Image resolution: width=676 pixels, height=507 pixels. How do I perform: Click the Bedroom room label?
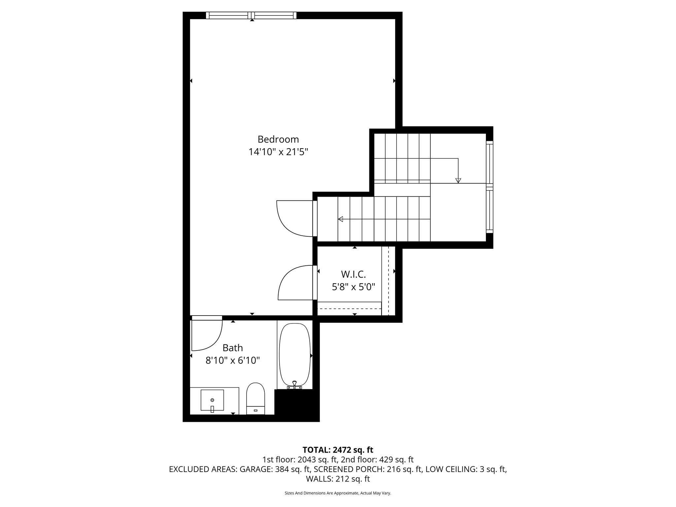[x=278, y=139]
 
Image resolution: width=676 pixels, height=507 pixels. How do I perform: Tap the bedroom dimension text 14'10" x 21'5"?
[x=278, y=152]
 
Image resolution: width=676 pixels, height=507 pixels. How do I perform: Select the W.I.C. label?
[x=353, y=274]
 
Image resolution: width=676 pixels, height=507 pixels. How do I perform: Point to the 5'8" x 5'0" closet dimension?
[x=353, y=287]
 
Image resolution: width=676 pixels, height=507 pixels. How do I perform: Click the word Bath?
[x=232, y=348]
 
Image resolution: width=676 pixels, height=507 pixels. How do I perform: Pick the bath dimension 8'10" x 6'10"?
[x=232, y=360]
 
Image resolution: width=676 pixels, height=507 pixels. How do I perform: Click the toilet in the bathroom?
[x=255, y=398]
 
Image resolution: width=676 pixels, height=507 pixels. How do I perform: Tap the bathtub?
[x=295, y=355]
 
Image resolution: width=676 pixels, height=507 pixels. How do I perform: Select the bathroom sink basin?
[x=212, y=400]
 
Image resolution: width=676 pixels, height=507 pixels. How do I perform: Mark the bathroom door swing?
[x=206, y=335]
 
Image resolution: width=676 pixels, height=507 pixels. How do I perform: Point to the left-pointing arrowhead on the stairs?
[x=340, y=219]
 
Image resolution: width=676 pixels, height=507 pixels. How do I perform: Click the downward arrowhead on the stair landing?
[x=458, y=181]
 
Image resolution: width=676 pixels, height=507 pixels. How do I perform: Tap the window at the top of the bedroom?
[x=251, y=15]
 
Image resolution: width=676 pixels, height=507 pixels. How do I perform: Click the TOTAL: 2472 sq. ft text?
[x=338, y=450]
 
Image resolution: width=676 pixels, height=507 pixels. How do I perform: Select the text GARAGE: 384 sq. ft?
[x=275, y=469]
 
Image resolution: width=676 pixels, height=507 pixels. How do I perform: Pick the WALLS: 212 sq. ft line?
[x=338, y=479]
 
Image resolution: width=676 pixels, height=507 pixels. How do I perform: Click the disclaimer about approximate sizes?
[x=338, y=493]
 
